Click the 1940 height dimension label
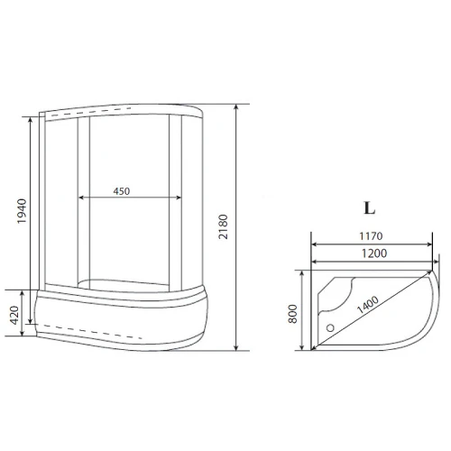[x=22, y=211]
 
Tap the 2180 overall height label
[x=223, y=226]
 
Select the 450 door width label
[x=122, y=191]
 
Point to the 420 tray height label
[x=14, y=315]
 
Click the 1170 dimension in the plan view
[x=371, y=236]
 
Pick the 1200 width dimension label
[x=374, y=253]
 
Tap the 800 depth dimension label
[x=292, y=314]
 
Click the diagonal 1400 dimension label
[x=368, y=305]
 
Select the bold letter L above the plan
[x=369, y=207]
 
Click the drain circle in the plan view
[x=330, y=327]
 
